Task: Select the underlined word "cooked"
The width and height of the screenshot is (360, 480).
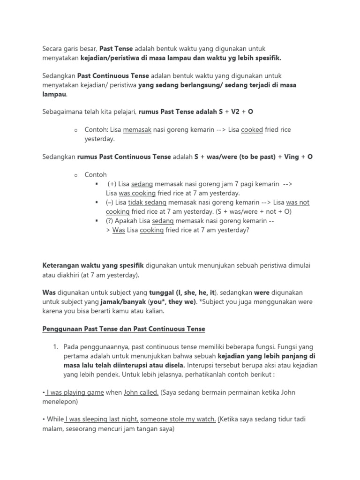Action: (252, 130)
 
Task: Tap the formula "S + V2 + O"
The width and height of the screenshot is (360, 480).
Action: (236, 112)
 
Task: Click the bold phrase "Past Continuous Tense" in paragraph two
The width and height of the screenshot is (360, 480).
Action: (113, 75)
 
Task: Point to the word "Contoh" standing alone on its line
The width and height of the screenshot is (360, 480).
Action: (96, 174)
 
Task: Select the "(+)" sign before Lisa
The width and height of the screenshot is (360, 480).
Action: (112, 184)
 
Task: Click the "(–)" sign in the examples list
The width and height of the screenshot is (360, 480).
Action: (110, 202)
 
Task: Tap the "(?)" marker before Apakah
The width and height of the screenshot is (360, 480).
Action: (110, 221)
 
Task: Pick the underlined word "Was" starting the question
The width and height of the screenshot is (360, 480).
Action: (119, 230)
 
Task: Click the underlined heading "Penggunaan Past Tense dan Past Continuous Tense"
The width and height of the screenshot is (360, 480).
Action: (124, 329)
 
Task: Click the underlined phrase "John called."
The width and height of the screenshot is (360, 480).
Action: (141, 392)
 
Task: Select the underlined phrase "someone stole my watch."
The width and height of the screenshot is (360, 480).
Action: (178, 420)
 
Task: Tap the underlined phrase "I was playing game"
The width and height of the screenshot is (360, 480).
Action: (75, 392)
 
